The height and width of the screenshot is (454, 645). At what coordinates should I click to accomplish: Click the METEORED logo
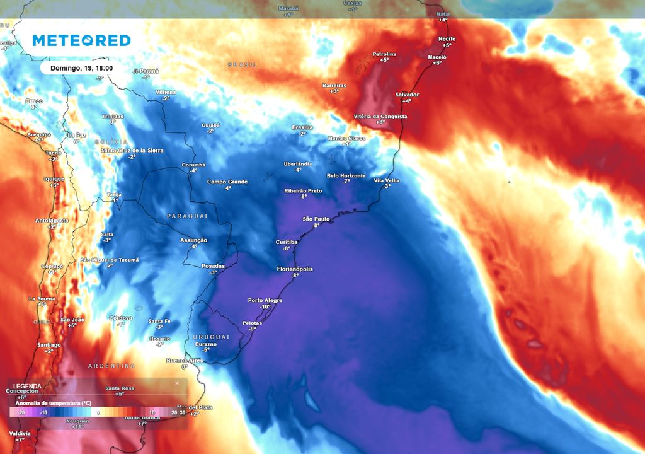(81, 40)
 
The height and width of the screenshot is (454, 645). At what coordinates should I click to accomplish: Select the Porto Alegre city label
(265, 300)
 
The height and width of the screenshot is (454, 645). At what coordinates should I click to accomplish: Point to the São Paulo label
(316, 219)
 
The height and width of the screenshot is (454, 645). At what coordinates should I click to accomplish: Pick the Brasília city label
(302, 127)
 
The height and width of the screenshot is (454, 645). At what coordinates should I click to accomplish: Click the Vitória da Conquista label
(380, 116)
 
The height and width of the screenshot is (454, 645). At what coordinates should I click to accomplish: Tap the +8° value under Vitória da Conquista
(380, 122)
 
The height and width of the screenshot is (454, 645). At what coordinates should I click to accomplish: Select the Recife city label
(447, 39)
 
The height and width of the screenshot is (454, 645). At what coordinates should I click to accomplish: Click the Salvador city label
(407, 95)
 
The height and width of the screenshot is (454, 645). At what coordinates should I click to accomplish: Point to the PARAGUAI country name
(187, 216)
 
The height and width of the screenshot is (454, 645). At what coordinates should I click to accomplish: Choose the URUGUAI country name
(211, 337)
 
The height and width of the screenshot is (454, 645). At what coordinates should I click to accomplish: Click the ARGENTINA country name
(111, 366)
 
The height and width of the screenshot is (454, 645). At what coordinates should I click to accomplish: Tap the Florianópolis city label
(295, 269)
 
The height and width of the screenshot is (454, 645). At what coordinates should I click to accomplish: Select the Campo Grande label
(227, 182)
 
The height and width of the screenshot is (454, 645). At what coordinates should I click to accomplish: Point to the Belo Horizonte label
(346, 175)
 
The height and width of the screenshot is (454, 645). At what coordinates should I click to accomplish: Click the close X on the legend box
(177, 383)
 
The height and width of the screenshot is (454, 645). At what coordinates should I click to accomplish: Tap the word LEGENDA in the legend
(27, 386)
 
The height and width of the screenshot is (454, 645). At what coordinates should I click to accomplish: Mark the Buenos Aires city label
(184, 360)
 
